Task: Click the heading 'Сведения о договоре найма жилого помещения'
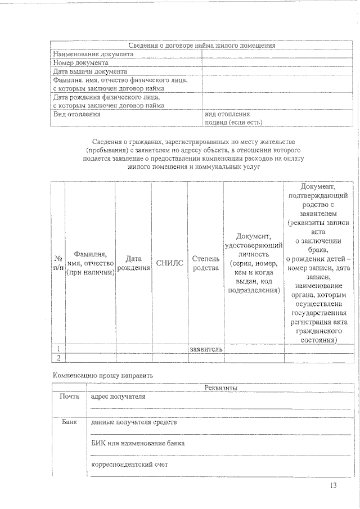[x=201, y=46]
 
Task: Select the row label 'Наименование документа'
[x=93, y=55]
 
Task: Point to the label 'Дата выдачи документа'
[x=90, y=71]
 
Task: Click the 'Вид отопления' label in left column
[x=77, y=114]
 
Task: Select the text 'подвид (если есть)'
[x=233, y=121]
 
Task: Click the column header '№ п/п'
[x=58, y=263]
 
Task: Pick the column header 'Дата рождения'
[x=133, y=263]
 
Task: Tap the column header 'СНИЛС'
[x=169, y=263]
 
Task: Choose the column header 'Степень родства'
[x=205, y=263]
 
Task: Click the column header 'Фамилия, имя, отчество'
[x=90, y=263]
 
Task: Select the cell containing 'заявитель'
[x=206, y=349]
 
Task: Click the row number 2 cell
[x=58, y=358]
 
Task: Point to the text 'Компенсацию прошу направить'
[x=102, y=375]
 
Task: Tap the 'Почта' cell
[x=69, y=397]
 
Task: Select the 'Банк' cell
[x=69, y=422]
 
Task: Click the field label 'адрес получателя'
[x=118, y=397]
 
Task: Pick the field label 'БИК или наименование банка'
[x=138, y=443]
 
